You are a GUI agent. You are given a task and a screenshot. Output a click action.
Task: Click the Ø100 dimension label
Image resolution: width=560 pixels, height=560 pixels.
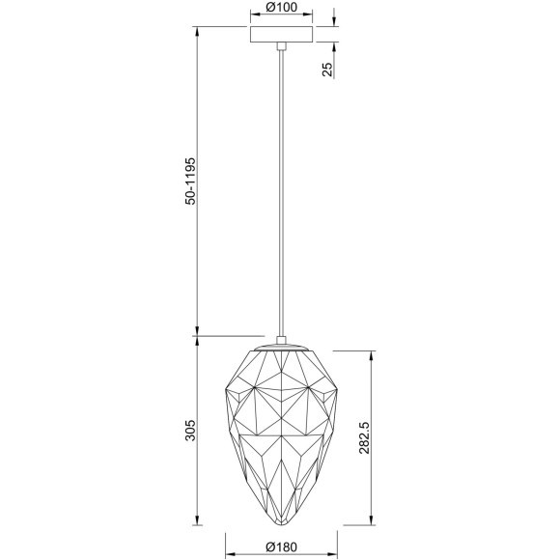[x=282, y=10]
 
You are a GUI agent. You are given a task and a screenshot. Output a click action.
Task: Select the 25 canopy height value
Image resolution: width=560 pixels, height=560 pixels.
[x=327, y=69]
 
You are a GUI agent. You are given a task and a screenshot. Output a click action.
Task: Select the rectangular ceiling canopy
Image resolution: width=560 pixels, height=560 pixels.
[x=281, y=34]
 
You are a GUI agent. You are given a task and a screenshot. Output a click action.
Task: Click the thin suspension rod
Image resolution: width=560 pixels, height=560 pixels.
[x=281, y=193]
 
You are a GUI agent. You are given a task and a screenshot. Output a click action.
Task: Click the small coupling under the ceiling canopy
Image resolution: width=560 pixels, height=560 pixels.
[x=281, y=47]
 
